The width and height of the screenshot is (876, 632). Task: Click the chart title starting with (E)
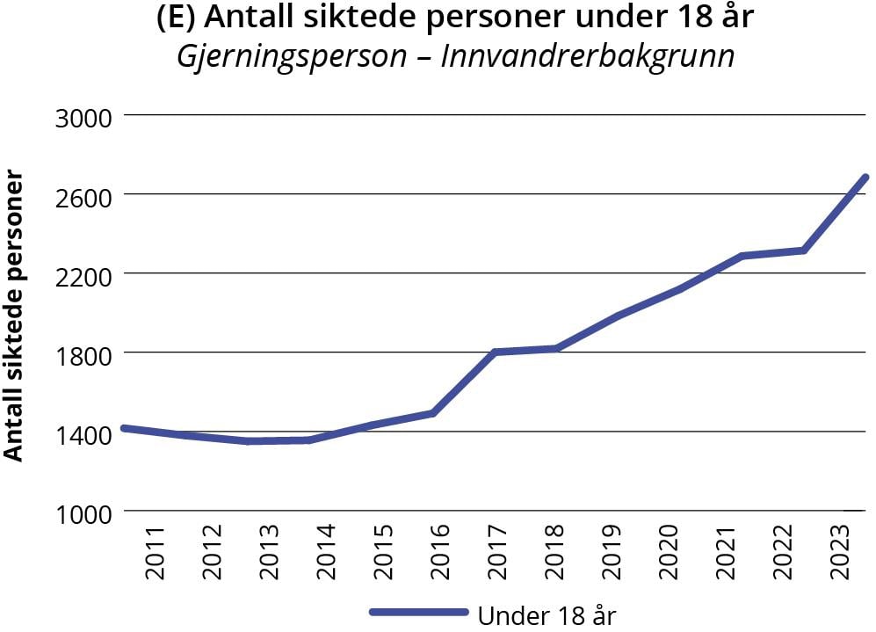coord(455,18)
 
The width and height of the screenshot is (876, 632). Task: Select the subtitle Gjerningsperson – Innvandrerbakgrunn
coord(455,56)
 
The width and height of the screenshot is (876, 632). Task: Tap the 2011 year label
coord(156,553)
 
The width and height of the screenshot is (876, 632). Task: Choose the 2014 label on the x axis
coord(326,553)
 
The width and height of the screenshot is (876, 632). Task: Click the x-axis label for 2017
coord(497,553)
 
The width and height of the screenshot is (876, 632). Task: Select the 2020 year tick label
coord(669,553)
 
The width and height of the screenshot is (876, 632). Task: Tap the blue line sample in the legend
coord(419,612)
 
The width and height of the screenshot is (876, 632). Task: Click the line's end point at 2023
coord(865,178)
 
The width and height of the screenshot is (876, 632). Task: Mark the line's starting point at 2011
coord(125,428)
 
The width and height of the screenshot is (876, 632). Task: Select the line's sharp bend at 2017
coord(496,352)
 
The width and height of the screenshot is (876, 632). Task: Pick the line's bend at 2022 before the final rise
coord(804,251)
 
